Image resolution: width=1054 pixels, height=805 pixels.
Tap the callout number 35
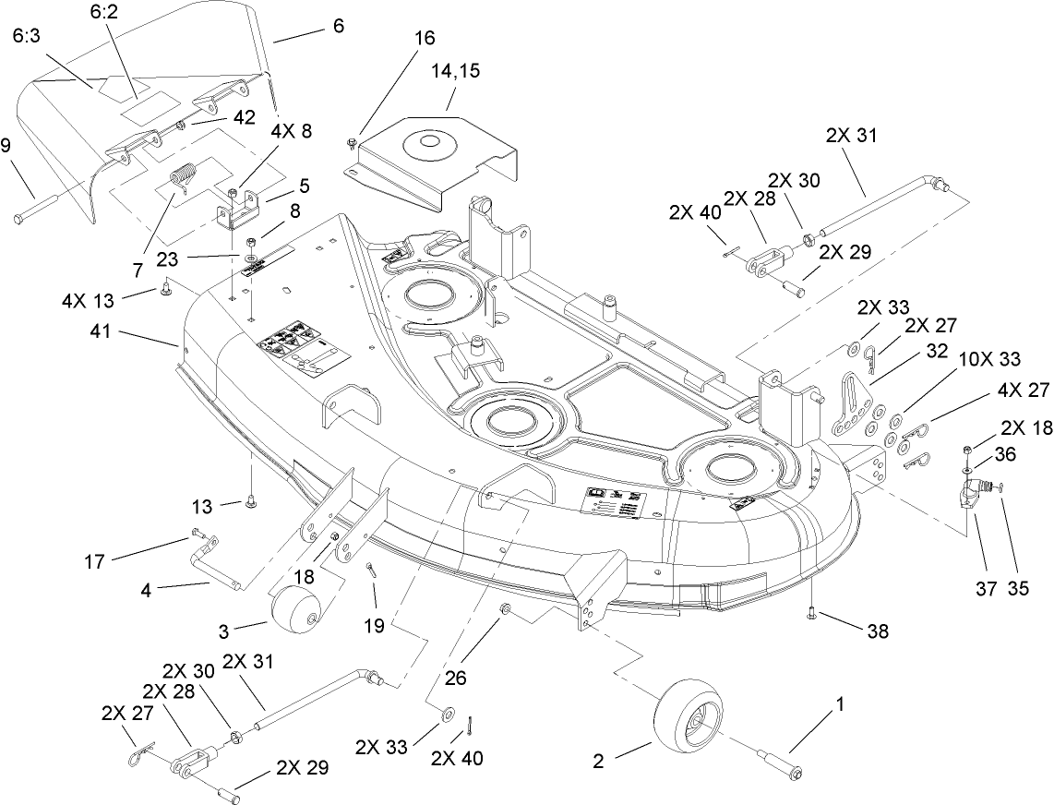tap(1018, 586)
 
